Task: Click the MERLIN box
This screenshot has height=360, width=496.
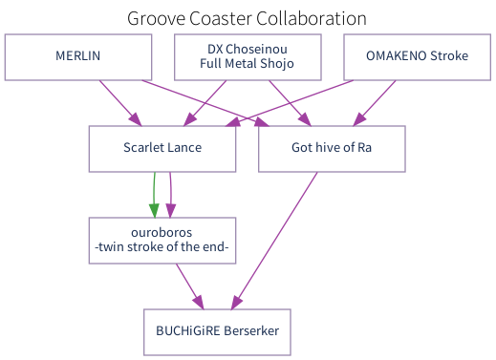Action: [x=78, y=56]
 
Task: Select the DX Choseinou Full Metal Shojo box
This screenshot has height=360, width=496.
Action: [x=248, y=56]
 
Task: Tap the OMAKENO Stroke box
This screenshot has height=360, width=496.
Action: [x=417, y=56]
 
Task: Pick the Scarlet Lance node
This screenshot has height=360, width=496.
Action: [x=162, y=148]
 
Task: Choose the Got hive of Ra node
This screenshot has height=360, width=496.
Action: [x=332, y=148]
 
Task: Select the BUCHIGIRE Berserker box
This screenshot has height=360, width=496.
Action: [x=217, y=331]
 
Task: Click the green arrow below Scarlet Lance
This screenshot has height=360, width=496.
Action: [x=154, y=195]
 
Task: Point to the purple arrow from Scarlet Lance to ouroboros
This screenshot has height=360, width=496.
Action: [x=170, y=195]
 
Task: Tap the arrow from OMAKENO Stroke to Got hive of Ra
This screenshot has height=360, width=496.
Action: [x=375, y=102]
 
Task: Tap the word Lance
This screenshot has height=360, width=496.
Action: [x=185, y=148]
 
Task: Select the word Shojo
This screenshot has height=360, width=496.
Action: [x=275, y=64]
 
